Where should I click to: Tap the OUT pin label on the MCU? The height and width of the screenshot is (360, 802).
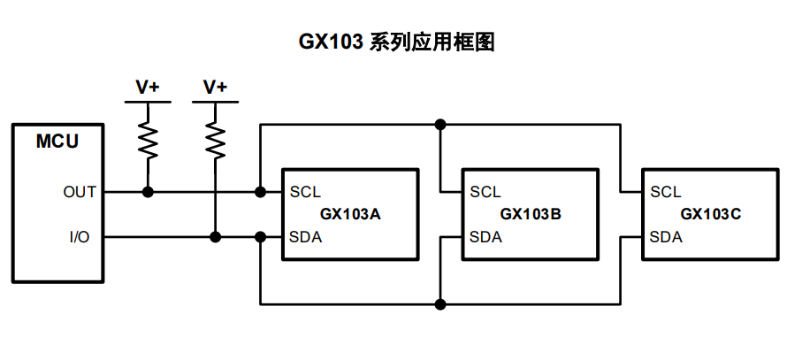tap(80, 192)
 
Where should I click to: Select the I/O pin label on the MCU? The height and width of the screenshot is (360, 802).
tap(80, 237)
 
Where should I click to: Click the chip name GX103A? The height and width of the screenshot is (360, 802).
tap(350, 214)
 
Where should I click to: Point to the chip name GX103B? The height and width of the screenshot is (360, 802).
tap(531, 214)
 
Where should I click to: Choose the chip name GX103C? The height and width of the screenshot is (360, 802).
tap(711, 214)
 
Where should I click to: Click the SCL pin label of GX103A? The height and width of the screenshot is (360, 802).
tap(306, 192)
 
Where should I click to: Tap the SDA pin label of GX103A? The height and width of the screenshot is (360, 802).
tap(306, 237)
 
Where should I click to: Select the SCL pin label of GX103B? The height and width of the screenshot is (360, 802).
tap(485, 192)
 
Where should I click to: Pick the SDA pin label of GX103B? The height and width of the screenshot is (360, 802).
tap(485, 237)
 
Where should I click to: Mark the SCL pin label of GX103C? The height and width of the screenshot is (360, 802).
tap(666, 192)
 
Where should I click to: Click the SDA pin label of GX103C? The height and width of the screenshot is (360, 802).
tap(666, 237)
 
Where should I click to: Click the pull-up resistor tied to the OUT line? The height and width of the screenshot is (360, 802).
tap(148, 139)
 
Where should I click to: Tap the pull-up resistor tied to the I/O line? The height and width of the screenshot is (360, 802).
tap(215, 139)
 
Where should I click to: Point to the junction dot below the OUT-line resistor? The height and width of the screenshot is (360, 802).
tap(148, 192)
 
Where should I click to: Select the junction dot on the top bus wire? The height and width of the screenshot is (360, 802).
tap(440, 125)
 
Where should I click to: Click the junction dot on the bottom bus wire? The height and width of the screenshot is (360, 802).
tap(440, 304)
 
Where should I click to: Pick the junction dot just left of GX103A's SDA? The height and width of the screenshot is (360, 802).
tap(260, 237)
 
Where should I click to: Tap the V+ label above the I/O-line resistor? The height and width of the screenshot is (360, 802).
tap(215, 87)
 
